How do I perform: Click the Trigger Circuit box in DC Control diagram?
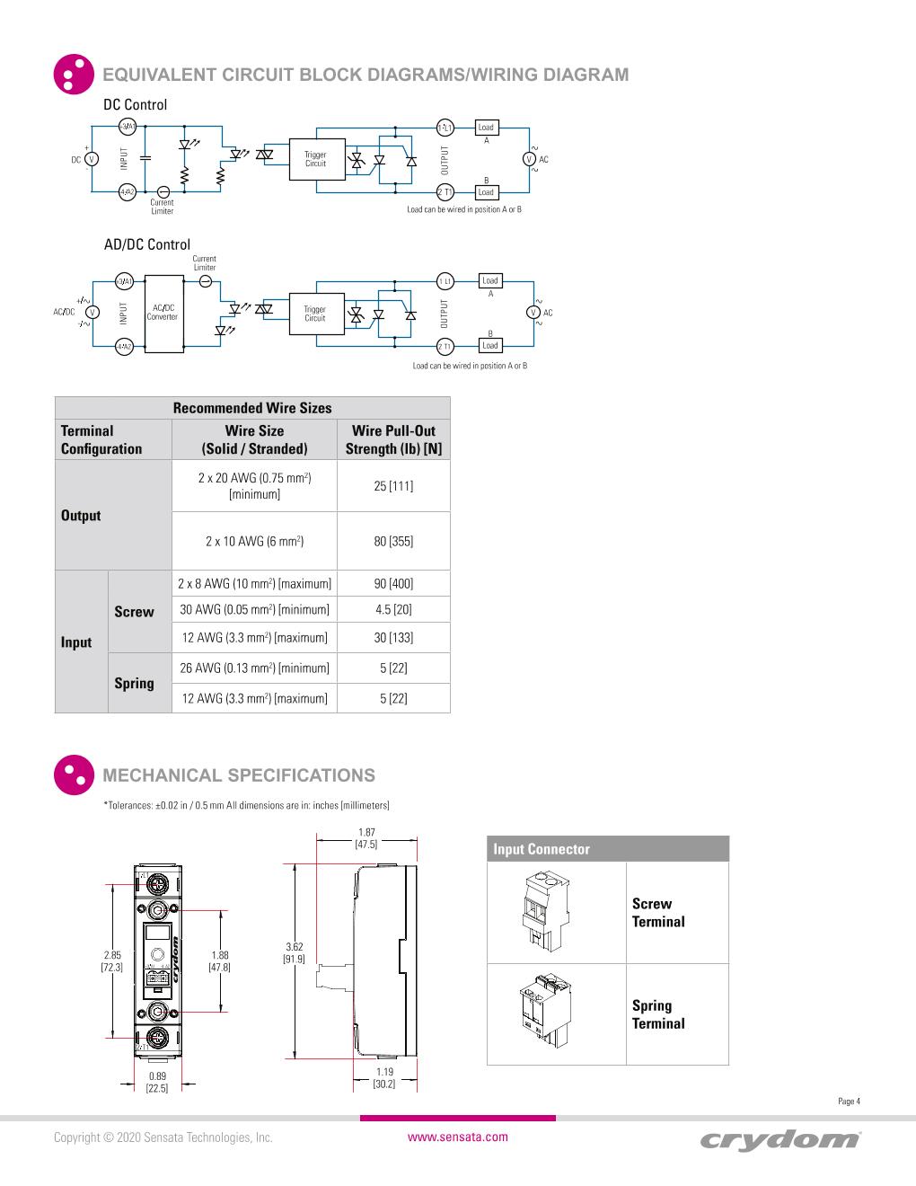315,160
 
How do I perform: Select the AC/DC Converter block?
163,314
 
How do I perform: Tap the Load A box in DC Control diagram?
486,128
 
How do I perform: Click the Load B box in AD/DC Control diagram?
489,346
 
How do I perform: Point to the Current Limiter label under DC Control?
162,207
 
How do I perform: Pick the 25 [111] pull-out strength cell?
393,486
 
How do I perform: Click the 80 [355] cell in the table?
393,541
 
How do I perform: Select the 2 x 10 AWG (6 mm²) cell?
254,541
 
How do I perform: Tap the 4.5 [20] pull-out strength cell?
393,609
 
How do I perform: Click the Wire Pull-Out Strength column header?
393,439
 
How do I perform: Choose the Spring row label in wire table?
134,683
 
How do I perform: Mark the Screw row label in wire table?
134,612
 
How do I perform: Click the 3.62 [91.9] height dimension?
295,952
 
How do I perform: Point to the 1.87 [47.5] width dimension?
366,838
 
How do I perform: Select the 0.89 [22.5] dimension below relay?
157,1082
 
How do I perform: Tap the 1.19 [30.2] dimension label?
384,1077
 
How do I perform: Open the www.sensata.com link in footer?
458,1137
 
